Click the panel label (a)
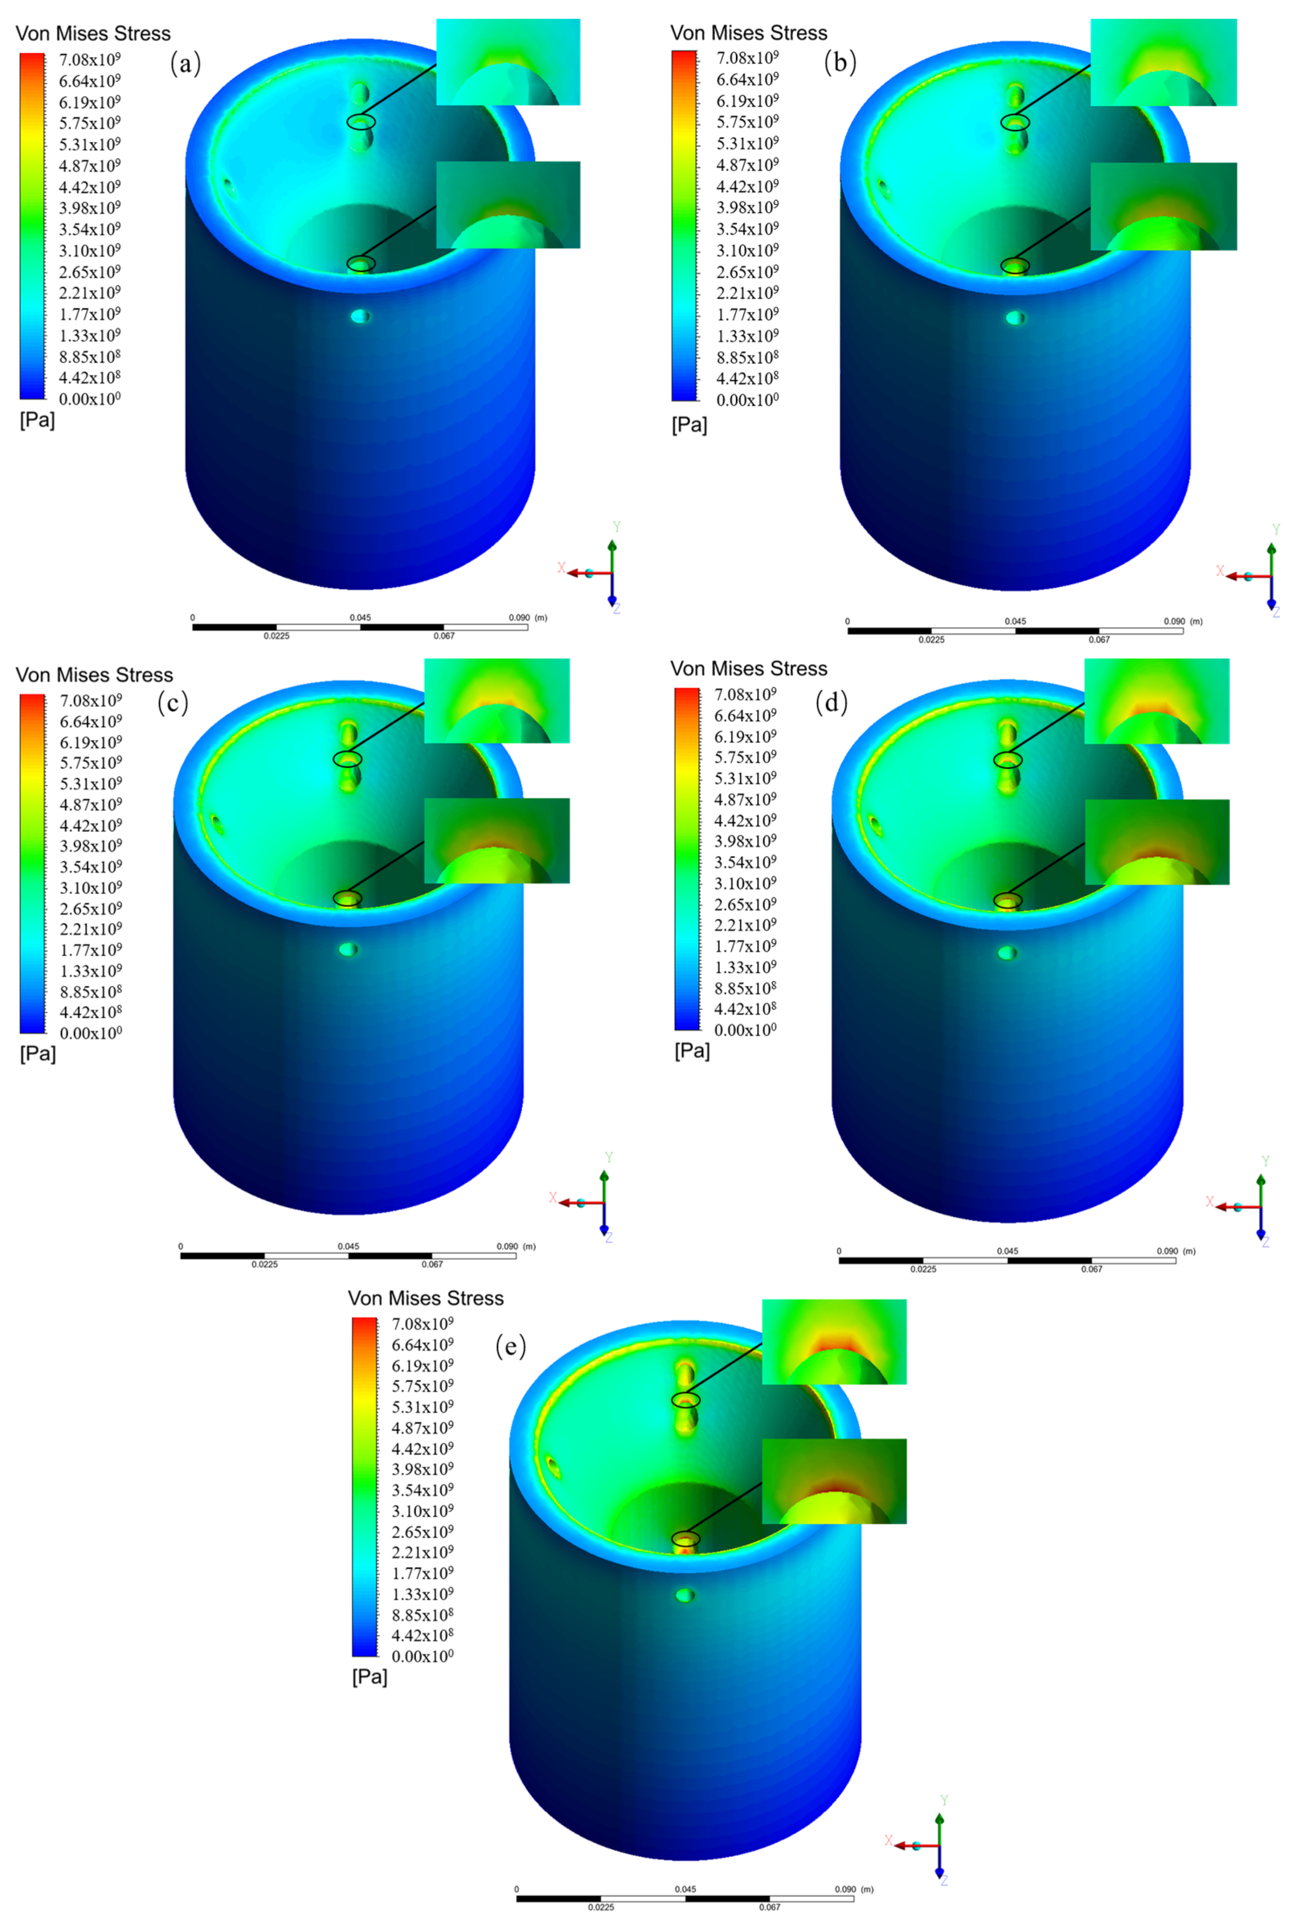point(185,63)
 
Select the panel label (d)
point(832,702)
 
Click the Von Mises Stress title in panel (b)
point(748,33)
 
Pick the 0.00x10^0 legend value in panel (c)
point(91,1033)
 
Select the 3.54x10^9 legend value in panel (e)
point(422,1490)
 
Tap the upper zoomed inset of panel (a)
point(507,62)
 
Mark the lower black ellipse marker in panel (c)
point(347,898)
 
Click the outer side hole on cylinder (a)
point(361,316)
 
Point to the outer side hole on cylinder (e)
point(685,1594)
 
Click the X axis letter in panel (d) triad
point(1209,1202)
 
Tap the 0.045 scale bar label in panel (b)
point(1015,621)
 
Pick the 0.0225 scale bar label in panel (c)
point(264,1264)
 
